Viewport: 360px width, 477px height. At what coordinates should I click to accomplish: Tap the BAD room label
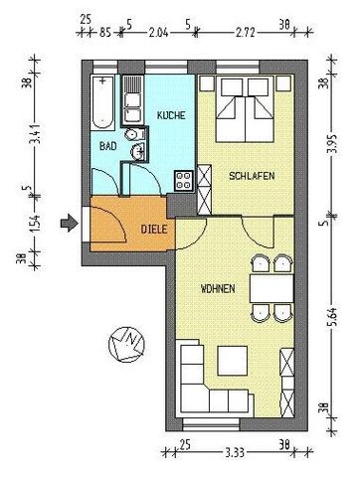point(106,145)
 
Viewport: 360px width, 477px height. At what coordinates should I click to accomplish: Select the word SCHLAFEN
point(252,176)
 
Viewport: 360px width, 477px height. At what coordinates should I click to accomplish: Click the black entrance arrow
point(66,223)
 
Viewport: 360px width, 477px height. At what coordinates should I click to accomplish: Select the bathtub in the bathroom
point(103,103)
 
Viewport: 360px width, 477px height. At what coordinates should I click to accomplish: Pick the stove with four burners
point(183,180)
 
